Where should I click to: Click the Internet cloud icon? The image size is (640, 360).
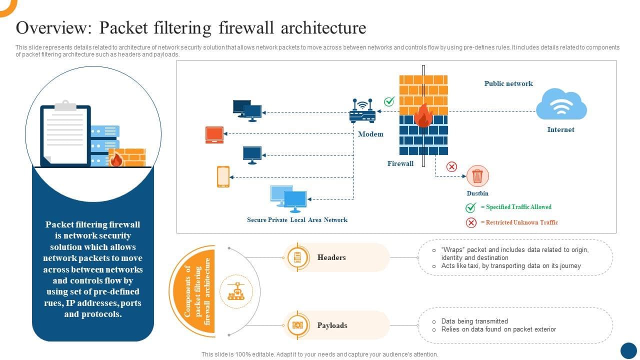point(561,104)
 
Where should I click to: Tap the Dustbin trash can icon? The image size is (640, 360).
point(477,176)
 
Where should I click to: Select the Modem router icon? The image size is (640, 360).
point(362,111)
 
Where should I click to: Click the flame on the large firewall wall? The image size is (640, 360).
point(423,115)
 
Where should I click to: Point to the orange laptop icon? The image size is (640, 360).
point(214,135)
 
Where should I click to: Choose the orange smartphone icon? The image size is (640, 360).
point(223,176)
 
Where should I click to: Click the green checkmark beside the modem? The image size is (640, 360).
point(389,101)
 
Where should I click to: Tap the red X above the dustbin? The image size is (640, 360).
point(451,166)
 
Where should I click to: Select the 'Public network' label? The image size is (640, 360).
point(508,83)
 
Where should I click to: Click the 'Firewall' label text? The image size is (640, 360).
point(400,163)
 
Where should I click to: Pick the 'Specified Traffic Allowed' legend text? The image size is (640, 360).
point(518,207)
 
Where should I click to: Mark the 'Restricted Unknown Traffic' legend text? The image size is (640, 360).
point(521,222)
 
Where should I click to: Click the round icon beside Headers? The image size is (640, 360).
point(297,257)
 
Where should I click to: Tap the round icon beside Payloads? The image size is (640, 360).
point(297,325)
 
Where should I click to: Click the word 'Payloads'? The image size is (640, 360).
point(332,325)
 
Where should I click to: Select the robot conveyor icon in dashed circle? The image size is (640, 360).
point(236,291)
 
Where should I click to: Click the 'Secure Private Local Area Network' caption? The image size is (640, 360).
point(297,219)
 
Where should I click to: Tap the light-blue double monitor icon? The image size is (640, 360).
point(288,199)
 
